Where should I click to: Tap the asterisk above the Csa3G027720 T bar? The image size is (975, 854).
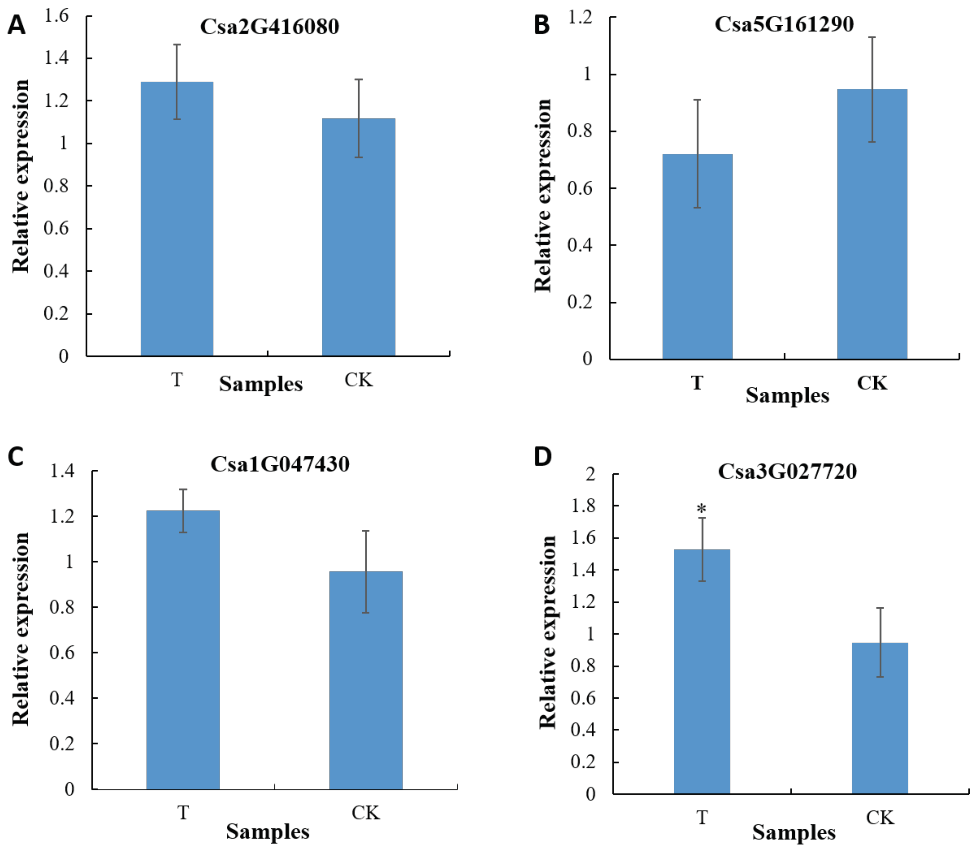701,509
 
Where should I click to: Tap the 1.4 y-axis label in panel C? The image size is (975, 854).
62,472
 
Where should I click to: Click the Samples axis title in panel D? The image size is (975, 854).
794,833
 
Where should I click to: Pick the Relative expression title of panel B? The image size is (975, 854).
543,195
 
